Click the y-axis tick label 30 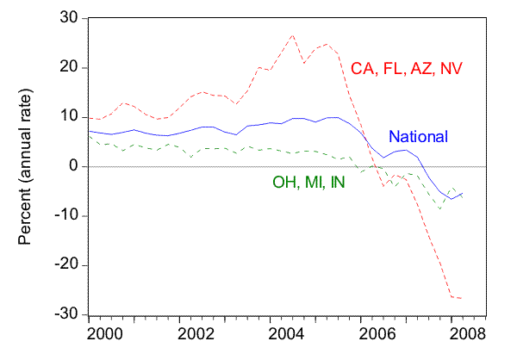tap(67, 18)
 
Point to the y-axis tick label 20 tap(67, 67)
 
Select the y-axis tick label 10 tap(67, 117)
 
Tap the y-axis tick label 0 tap(72, 166)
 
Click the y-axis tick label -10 tap(65, 215)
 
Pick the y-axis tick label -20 tap(65, 265)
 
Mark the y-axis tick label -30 tap(65, 314)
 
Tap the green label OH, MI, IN tap(305, 183)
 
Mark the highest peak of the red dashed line tap(293, 35)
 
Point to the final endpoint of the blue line tap(463, 193)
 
